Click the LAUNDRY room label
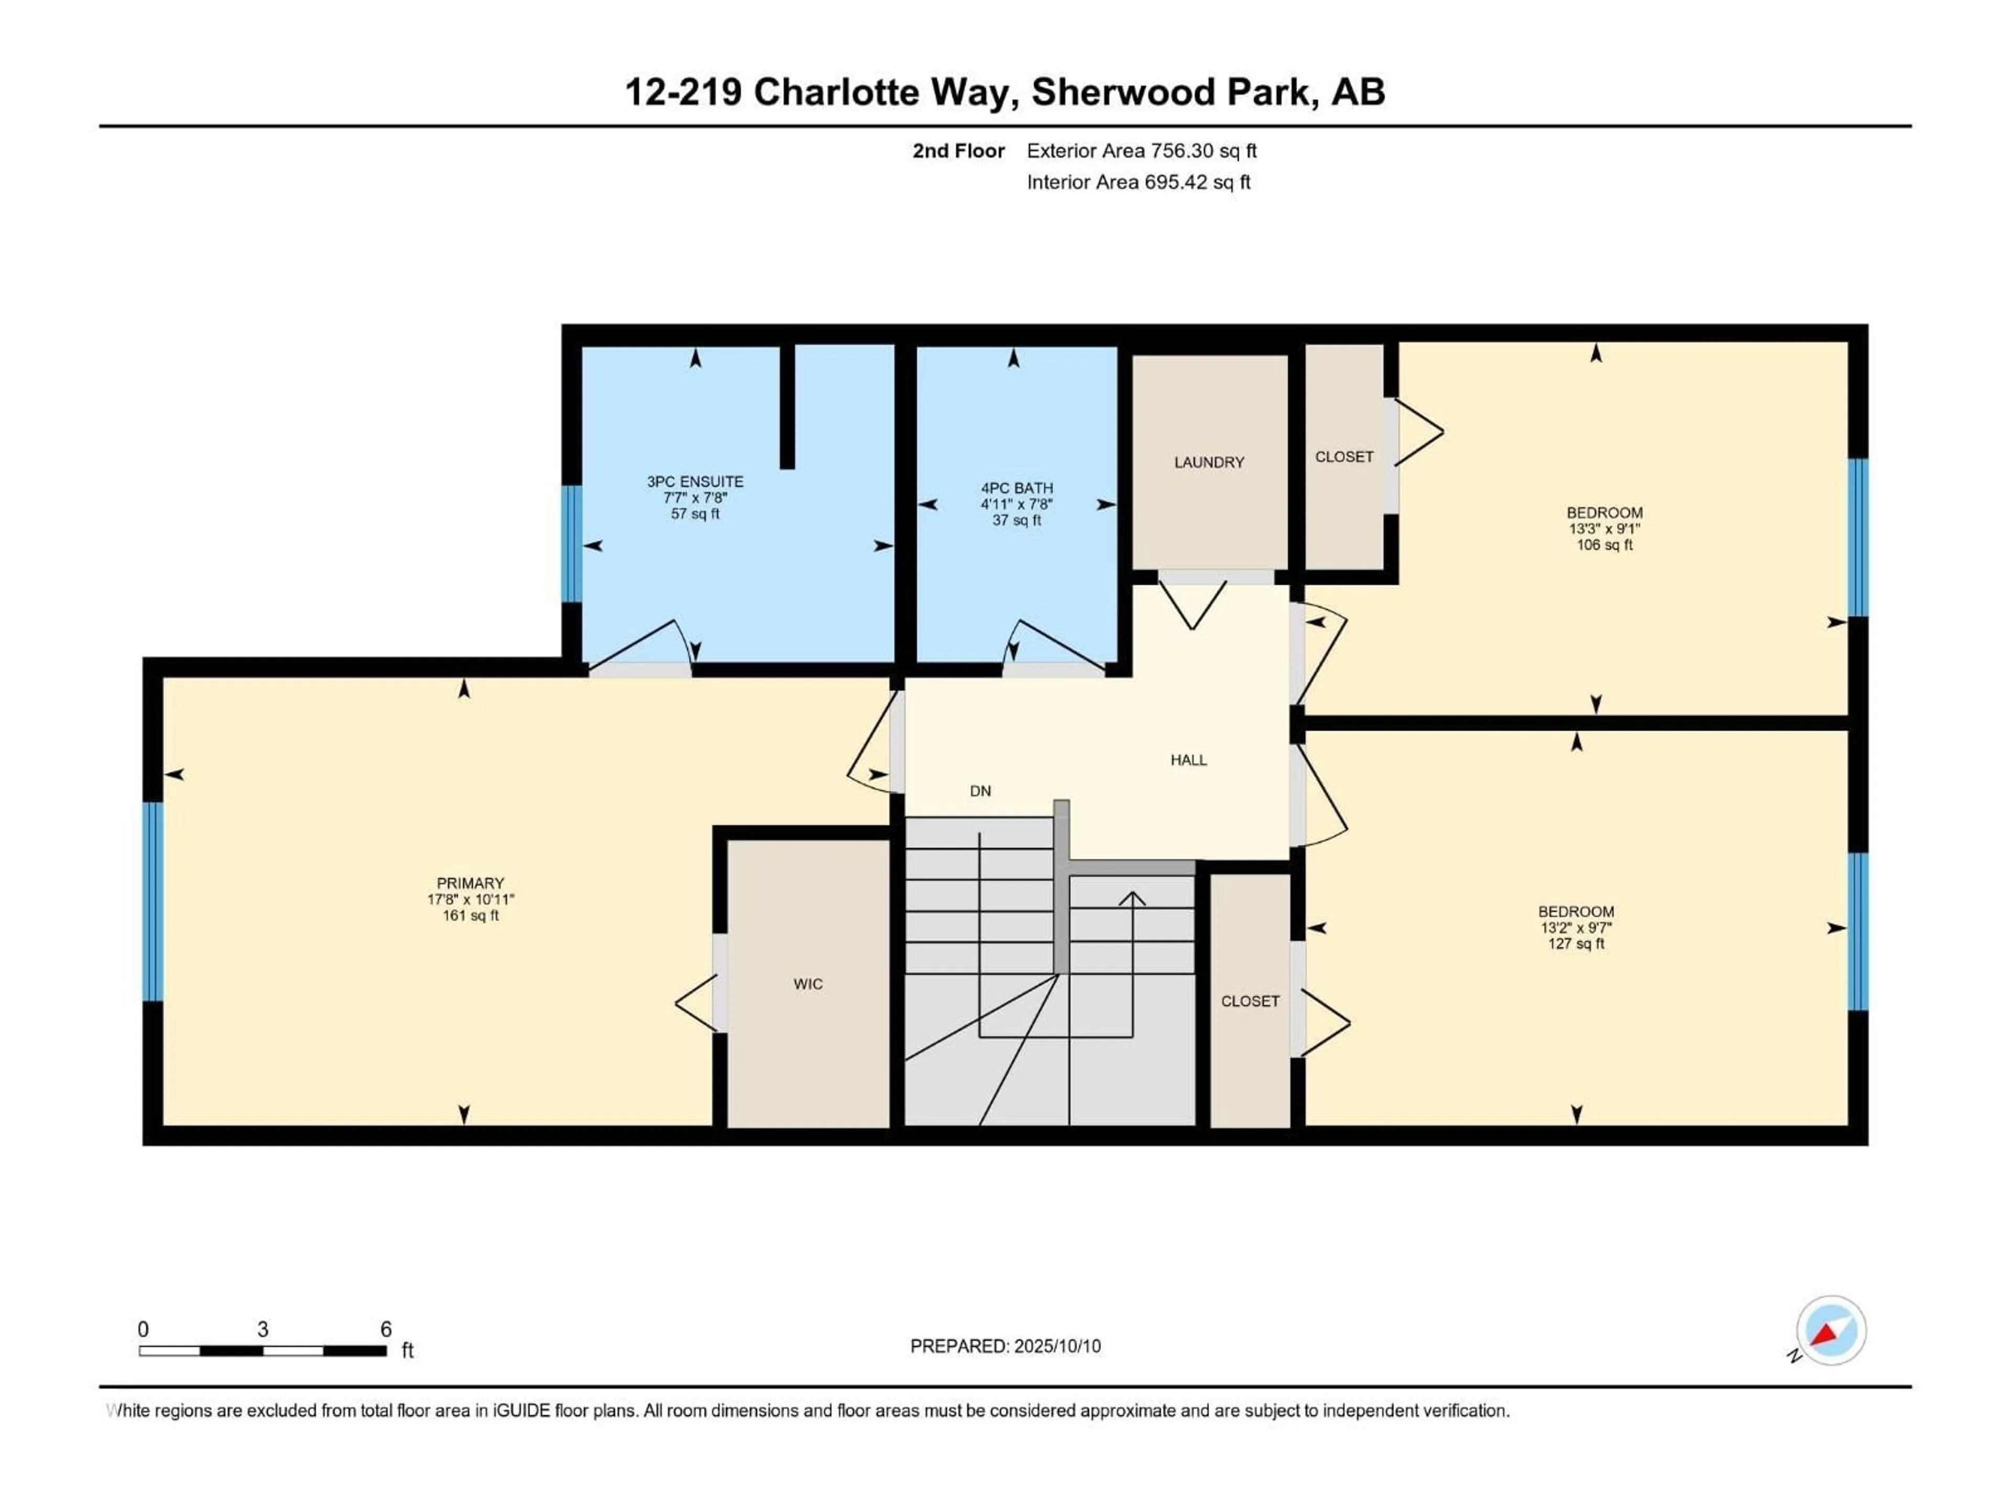point(1209,462)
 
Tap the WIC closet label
point(808,984)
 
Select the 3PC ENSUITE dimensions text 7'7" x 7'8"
point(695,498)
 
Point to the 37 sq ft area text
point(1016,520)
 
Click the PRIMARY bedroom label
point(471,883)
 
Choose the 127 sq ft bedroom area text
point(1576,944)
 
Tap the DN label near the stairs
point(980,791)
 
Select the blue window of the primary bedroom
point(153,901)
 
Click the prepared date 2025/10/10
point(1055,1346)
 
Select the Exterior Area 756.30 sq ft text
point(1142,151)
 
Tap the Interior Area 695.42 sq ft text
point(1138,182)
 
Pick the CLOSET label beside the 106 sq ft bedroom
point(1343,456)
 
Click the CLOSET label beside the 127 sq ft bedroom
point(1250,1001)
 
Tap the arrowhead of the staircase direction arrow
point(1132,899)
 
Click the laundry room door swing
point(1191,608)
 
